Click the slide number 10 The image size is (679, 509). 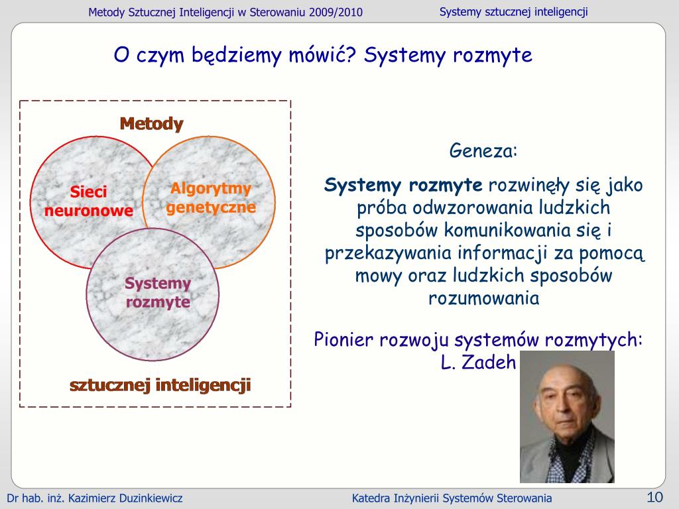654,498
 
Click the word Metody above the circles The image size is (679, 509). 151,124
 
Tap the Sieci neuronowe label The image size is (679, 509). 89,201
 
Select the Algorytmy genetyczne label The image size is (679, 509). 211,198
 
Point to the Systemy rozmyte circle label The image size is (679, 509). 158,293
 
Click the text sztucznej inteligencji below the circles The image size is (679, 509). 160,385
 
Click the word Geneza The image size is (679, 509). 483,150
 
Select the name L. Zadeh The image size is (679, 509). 478,362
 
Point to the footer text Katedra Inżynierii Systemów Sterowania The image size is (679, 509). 452,498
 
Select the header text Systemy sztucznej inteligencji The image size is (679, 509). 514,12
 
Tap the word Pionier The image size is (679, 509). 344,340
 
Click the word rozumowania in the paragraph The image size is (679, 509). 484,298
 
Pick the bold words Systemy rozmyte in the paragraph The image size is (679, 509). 403,185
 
